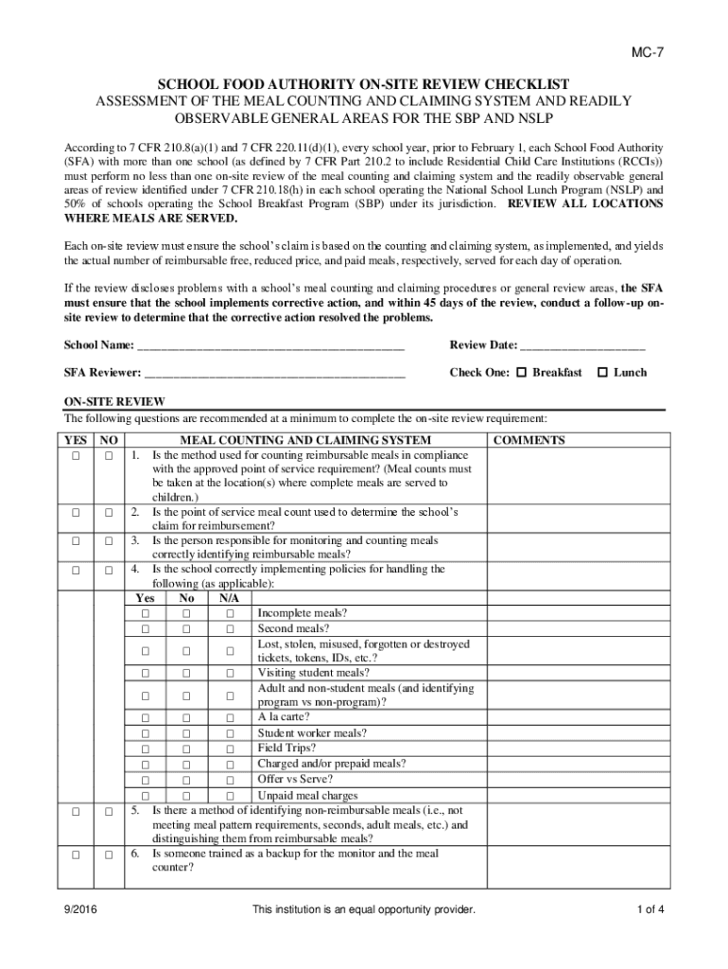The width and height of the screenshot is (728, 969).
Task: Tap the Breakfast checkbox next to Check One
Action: point(521,373)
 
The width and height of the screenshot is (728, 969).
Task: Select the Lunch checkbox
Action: point(602,373)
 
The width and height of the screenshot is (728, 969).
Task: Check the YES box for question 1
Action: point(74,456)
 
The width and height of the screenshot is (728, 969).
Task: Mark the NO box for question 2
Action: point(109,512)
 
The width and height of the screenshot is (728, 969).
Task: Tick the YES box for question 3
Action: point(74,541)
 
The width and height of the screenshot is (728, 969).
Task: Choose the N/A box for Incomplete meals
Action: point(229,613)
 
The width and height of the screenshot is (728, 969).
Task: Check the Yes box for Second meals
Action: point(146,628)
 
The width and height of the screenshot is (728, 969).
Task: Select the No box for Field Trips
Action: point(187,749)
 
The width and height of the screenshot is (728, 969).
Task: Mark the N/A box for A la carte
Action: point(229,717)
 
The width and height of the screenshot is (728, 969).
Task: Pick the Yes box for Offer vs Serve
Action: point(146,780)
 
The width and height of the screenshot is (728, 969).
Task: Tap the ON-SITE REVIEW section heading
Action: point(114,402)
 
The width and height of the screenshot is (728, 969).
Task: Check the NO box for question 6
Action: point(109,854)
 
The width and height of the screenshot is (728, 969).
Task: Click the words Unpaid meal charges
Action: point(307,796)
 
